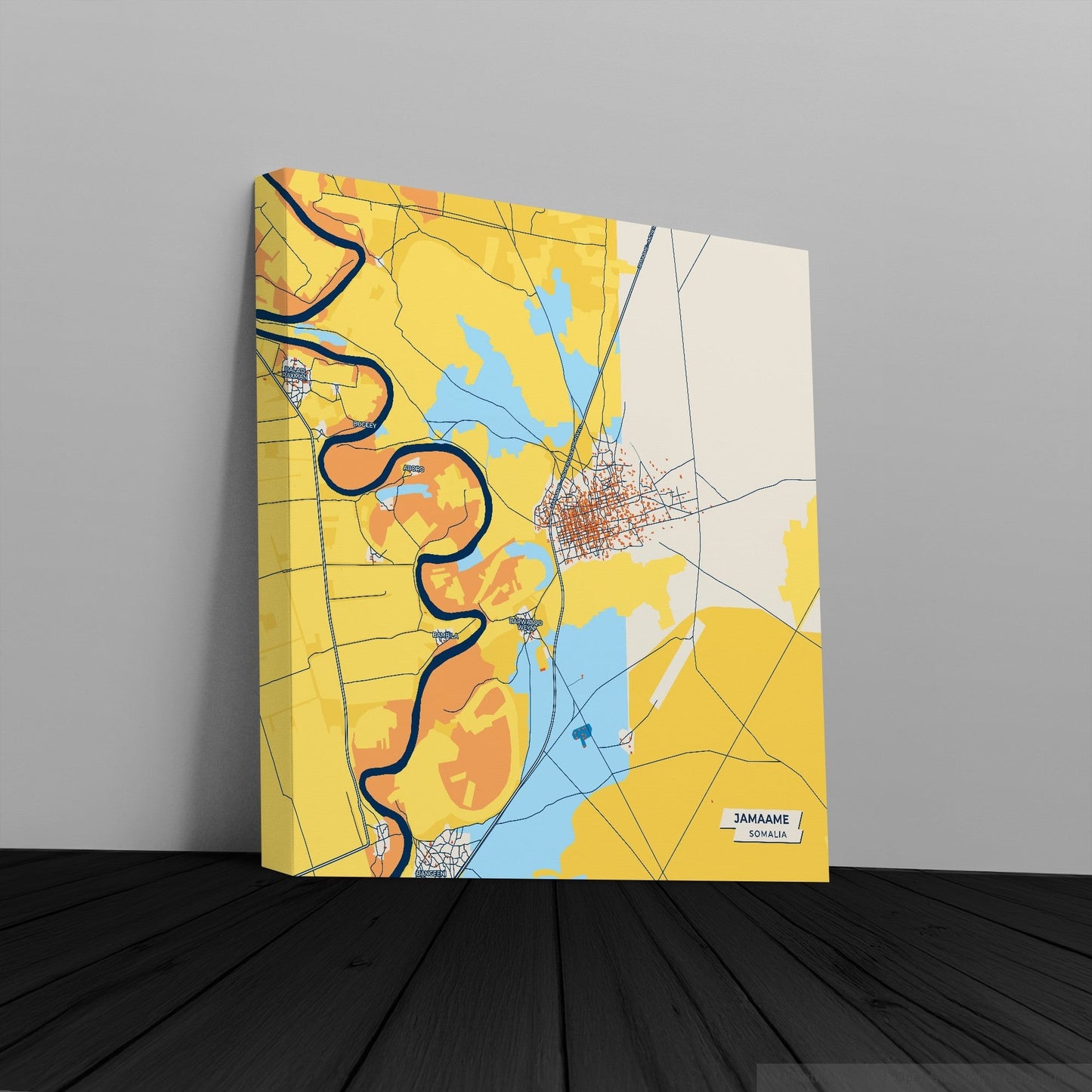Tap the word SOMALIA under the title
[x=765, y=834]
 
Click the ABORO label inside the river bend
[x=413, y=469]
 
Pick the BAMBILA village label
[x=445, y=636]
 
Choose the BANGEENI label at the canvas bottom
[x=432, y=872]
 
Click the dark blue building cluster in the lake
[x=581, y=732]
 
